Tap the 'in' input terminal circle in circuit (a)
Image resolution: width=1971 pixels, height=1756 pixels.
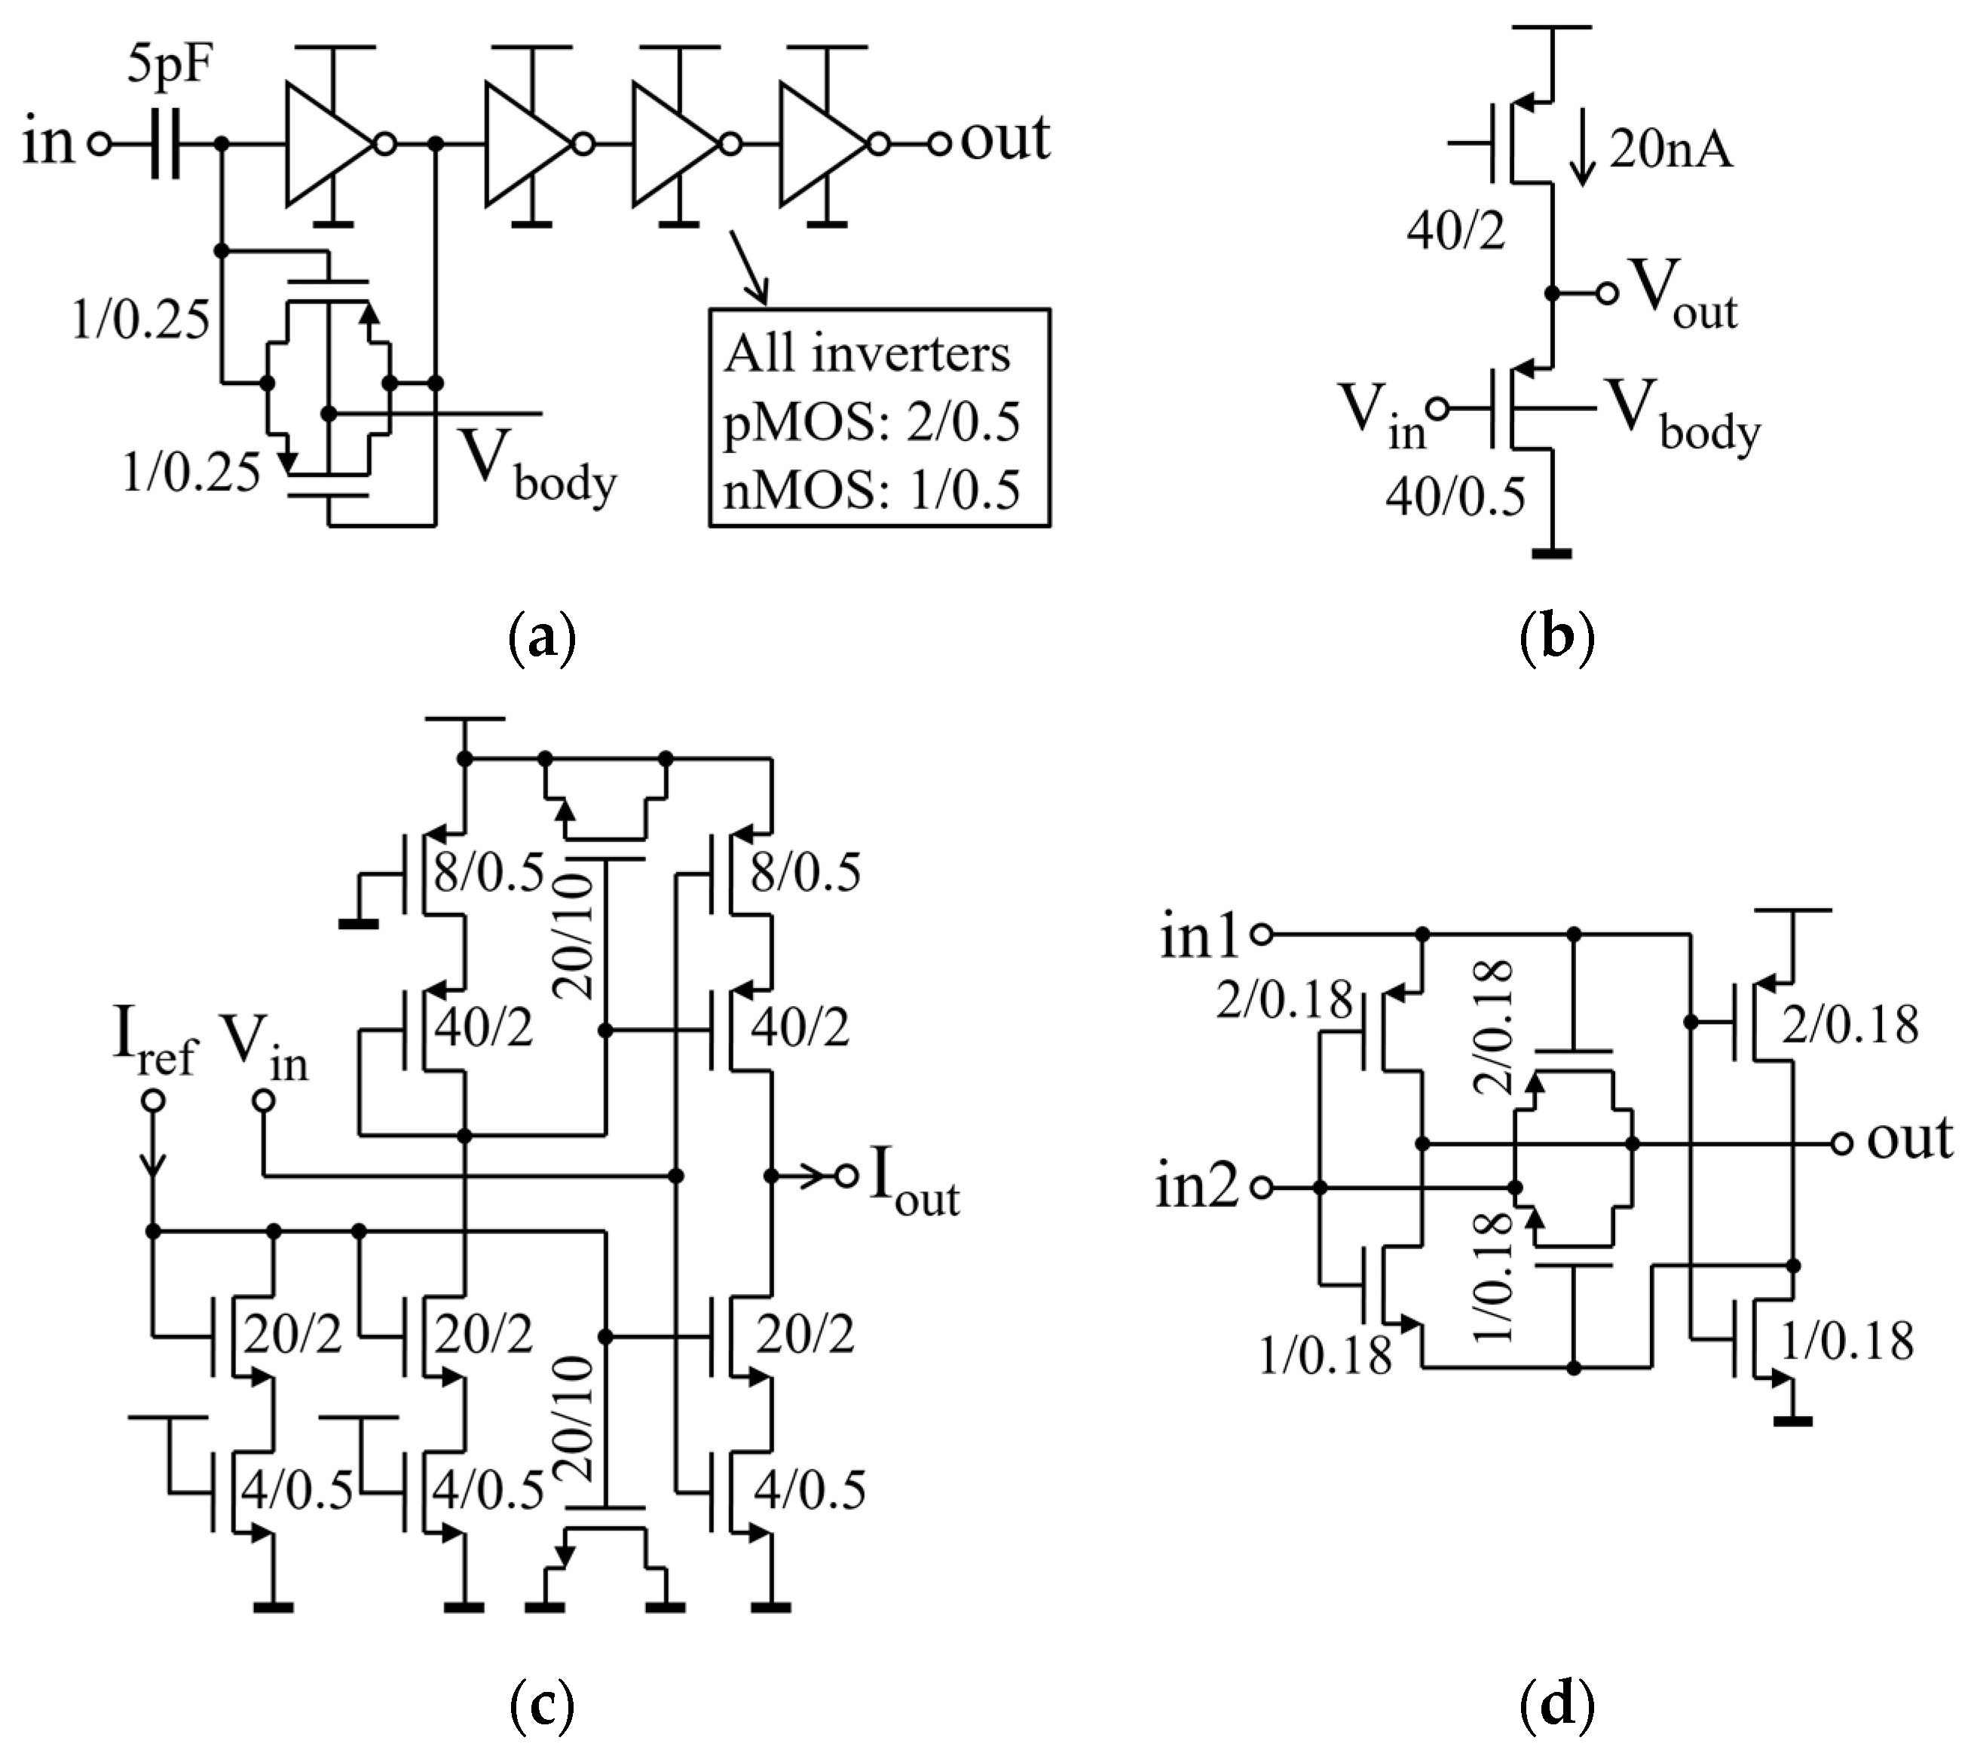pyautogui.click(x=99, y=145)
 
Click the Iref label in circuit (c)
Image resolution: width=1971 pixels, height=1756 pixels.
pyautogui.click(x=155, y=1045)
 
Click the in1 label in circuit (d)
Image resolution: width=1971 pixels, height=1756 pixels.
pyautogui.click(x=1198, y=937)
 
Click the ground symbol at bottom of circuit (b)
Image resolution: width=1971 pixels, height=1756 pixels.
pyautogui.click(x=1551, y=553)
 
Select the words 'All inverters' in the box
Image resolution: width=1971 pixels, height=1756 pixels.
pyautogui.click(x=866, y=354)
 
